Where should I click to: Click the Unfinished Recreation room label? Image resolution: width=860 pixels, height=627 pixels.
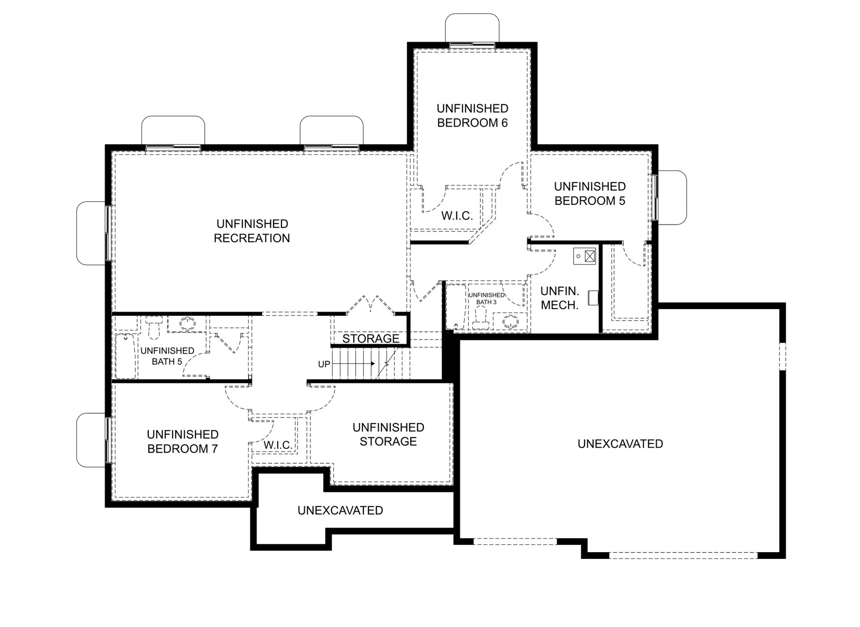click(x=252, y=231)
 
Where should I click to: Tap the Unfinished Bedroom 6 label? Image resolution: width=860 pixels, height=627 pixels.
click(x=473, y=116)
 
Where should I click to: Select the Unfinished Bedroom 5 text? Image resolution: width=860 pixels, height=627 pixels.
click(x=590, y=194)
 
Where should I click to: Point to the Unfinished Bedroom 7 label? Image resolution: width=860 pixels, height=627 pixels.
click(x=183, y=442)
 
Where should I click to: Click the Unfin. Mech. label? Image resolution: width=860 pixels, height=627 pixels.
click(x=560, y=298)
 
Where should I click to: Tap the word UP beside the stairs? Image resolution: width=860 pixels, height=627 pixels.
click(x=324, y=364)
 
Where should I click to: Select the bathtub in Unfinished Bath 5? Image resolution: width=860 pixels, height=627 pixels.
click(x=126, y=356)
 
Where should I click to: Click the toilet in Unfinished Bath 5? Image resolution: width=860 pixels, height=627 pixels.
click(x=154, y=327)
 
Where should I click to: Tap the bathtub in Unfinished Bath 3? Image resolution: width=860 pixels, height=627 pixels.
click(x=456, y=307)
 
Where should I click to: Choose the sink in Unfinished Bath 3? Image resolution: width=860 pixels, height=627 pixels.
click(x=510, y=322)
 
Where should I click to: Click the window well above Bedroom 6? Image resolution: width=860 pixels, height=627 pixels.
click(x=472, y=28)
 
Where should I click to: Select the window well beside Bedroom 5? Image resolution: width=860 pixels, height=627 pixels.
click(x=672, y=197)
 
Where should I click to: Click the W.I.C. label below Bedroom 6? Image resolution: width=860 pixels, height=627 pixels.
click(x=457, y=216)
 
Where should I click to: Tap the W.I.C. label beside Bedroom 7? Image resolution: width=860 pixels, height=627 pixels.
click(x=278, y=445)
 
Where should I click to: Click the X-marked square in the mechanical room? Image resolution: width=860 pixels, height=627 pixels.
click(x=590, y=256)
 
